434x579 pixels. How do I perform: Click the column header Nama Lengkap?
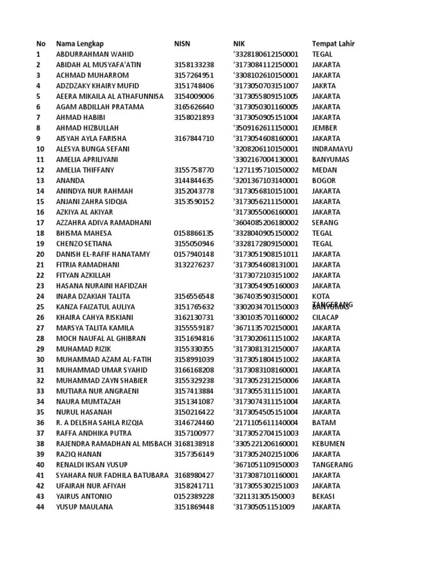[80, 44]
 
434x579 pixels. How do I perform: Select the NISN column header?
[182, 44]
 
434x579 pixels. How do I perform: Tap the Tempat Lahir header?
[333, 44]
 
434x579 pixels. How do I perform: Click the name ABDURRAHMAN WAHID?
[94, 54]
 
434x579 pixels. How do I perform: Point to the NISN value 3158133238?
[194, 64]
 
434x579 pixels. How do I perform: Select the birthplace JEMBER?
[324, 128]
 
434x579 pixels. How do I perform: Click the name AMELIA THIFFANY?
[85, 170]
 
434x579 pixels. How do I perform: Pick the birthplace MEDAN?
[324, 170]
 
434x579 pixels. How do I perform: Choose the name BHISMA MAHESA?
[84, 233]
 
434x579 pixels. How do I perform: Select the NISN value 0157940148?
[194, 254]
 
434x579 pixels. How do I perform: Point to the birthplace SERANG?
[324, 223]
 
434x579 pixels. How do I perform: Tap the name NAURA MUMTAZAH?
[88, 401]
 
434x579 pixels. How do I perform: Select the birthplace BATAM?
[323, 422]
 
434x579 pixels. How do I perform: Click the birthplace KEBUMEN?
[328, 444]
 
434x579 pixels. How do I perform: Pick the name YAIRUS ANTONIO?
[84, 496]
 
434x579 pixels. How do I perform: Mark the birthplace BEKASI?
[323, 496]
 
